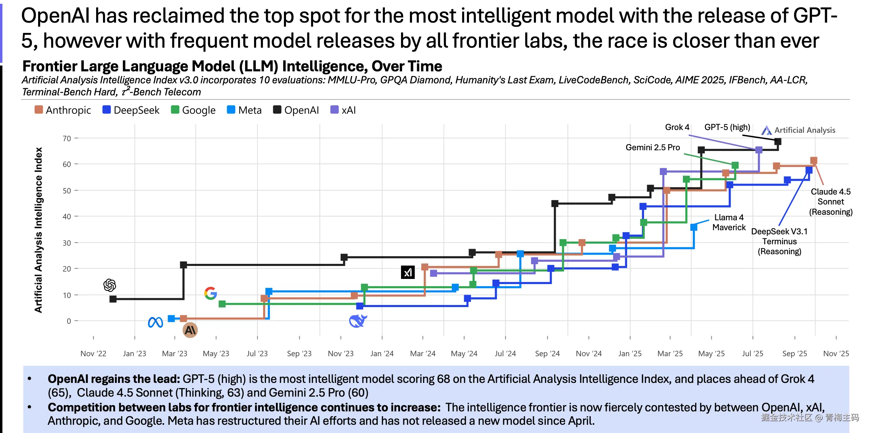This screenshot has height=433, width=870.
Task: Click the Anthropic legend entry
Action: [x=63, y=110]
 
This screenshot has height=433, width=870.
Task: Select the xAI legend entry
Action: [x=343, y=110]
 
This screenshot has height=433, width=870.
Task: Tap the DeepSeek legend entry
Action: [x=131, y=110]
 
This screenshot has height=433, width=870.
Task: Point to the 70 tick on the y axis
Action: [x=67, y=139]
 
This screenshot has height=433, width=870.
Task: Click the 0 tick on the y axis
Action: [x=69, y=321]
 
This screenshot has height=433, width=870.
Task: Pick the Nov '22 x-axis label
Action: [x=93, y=353]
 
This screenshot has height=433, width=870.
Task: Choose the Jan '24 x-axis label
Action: [x=382, y=353]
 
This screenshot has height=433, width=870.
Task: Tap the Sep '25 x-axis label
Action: [x=794, y=353]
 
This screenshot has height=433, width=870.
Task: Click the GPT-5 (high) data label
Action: [x=727, y=127]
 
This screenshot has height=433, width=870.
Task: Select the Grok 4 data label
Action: [x=677, y=127]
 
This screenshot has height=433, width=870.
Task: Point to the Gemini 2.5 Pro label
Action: [x=652, y=148]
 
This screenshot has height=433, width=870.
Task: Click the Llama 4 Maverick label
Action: [x=729, y=222]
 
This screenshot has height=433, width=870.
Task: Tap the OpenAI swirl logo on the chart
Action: [x=110, y=285]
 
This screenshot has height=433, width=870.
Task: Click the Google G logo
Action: [x=210, y=293]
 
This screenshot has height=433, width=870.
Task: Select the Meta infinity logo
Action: [x=156, y=322]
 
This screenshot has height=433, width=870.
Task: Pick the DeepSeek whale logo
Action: [x=358, y=321]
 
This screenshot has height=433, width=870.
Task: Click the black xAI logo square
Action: [x=408, y=272]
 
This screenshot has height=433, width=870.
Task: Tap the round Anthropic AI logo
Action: [x=190, y=330]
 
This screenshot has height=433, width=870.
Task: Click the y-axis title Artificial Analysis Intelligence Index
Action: [x=38, y=230]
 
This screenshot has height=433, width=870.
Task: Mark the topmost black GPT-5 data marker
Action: [x=778, y=141]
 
